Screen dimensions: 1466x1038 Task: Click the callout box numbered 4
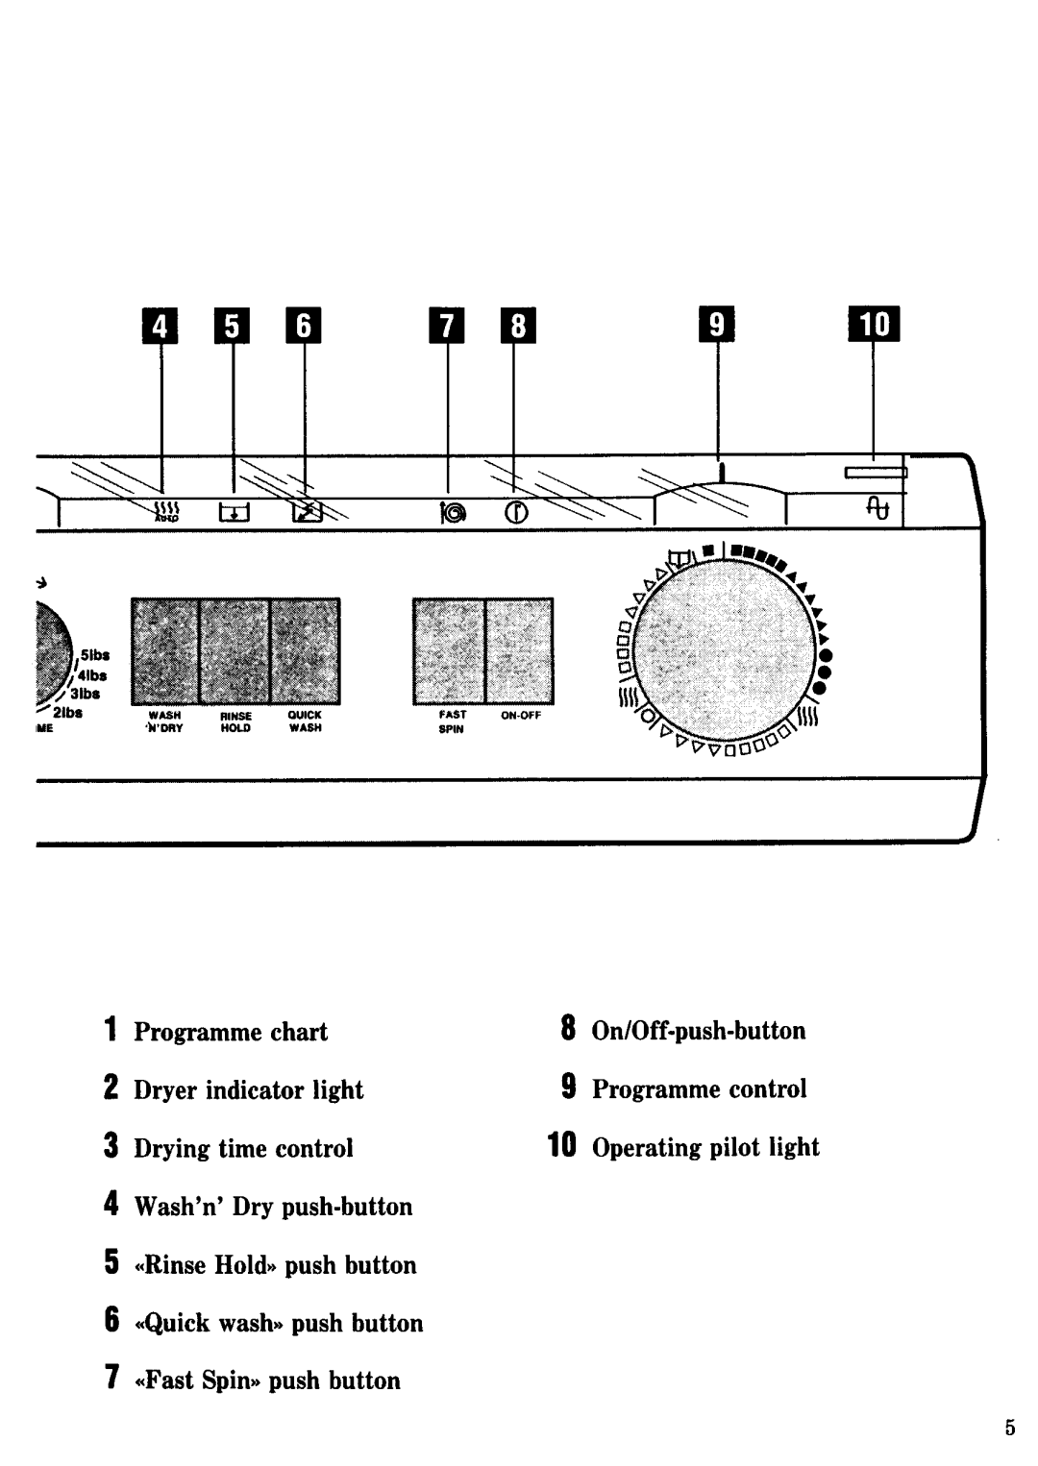pos(161,327)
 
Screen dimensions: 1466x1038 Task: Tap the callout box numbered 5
pos(233,327)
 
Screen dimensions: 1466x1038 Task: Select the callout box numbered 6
pos(304,327)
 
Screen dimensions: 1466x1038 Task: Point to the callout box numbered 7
pos(447,327)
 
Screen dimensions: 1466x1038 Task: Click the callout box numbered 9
pos(717,327)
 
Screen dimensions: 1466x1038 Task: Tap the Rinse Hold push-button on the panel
pos(235,650)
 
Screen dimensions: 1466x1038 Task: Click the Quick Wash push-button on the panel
pos(305,650)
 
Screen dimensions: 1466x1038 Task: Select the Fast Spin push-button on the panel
pos(449,650)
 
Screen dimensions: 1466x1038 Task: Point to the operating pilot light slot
pos(876,472)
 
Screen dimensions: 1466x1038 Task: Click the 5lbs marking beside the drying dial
pos(96,655)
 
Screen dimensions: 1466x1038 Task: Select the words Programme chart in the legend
pos(231,1032)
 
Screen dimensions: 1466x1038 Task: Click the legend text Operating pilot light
pos(705,1147)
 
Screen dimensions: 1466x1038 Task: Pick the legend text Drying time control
pos(243,1148)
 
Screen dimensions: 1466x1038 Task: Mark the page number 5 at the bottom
pos(1009,1428)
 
